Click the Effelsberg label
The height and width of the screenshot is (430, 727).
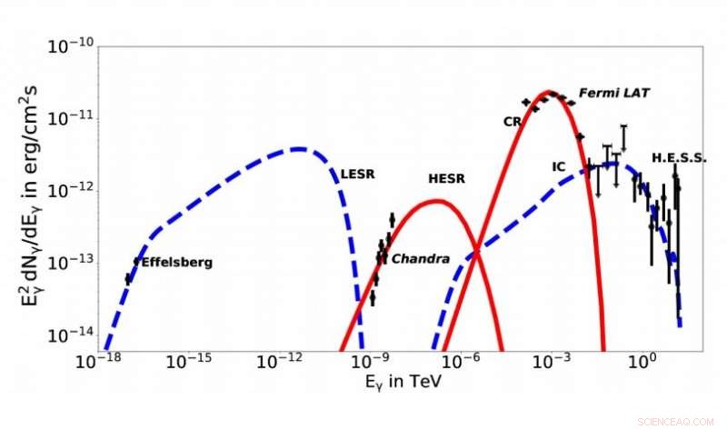click(177, 262)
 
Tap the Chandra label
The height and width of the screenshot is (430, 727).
click(421, 259)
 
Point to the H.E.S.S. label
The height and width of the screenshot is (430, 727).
click(679, 157)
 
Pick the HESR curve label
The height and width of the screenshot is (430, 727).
click(446, 178)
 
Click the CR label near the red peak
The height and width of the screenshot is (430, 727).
click(511, 121)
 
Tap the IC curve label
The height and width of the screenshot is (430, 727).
click(559, 167)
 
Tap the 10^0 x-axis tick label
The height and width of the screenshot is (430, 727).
click(642, 361)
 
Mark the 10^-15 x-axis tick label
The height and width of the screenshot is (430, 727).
click(188, 361)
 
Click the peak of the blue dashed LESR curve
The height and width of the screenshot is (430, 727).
click(298, 148)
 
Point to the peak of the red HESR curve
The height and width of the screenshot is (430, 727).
click(437, 201)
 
